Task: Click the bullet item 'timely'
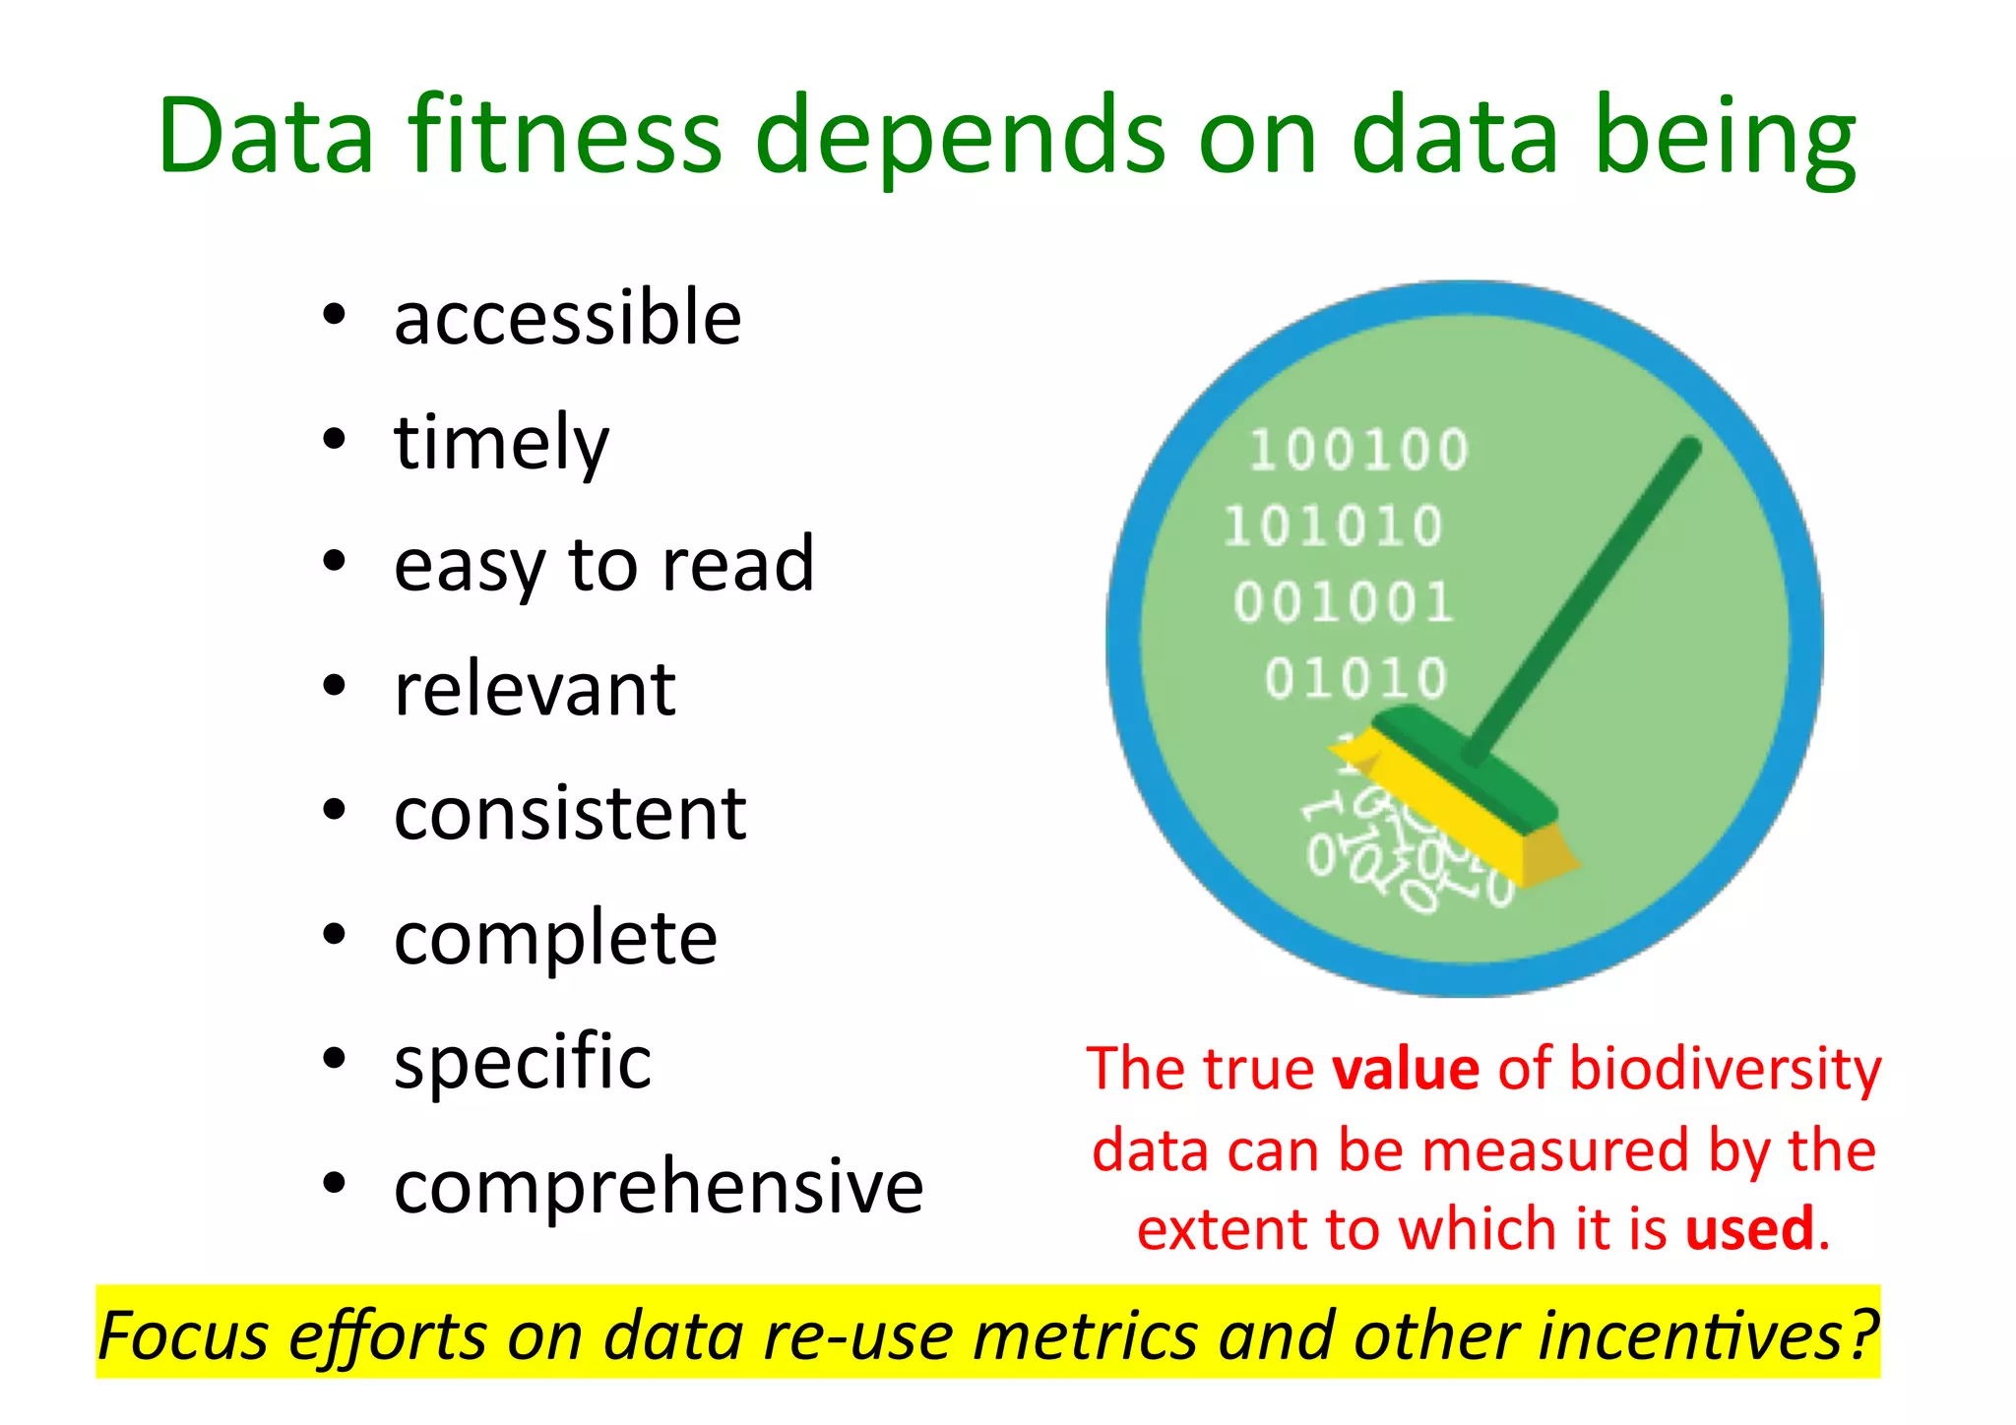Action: coord(501,443)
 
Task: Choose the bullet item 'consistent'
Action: coord(570,814)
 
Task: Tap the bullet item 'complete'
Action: coord(555,939)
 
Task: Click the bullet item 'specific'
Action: coord(523,1063)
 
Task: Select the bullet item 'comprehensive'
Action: coord(659,1187)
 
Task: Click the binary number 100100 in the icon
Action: coord(1358,451)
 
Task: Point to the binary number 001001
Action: coord(1344,602)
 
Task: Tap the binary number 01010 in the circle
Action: coord(1355,678)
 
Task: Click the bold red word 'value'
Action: coord(1405,1069)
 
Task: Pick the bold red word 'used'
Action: coord(1749,1229)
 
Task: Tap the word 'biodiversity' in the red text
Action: coord(1725,1069)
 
